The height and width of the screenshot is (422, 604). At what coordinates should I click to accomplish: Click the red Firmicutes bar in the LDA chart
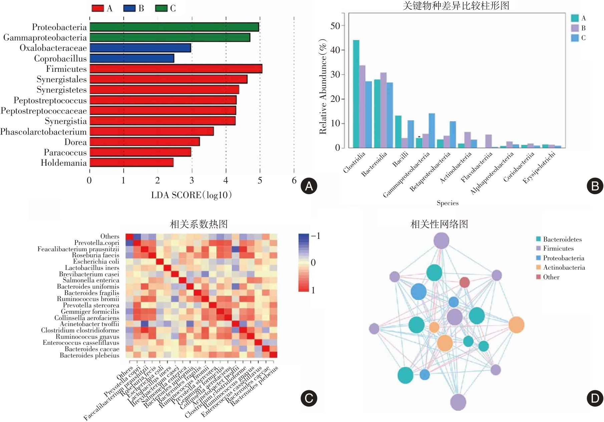176,69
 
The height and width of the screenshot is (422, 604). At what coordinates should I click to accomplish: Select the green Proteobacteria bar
174,27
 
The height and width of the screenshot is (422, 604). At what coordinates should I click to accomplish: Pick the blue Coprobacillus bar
132,58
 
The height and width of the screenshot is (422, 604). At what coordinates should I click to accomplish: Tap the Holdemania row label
63,163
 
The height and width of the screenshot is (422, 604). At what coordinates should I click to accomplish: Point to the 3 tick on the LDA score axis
192,181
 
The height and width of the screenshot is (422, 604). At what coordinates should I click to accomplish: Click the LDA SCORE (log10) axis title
191,195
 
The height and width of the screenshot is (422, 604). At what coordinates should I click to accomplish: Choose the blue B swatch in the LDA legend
129,8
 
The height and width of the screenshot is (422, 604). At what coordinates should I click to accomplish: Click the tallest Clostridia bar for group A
356,94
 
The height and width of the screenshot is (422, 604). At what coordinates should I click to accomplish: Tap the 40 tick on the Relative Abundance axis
335,50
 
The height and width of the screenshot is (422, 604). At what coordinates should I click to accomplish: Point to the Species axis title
447,203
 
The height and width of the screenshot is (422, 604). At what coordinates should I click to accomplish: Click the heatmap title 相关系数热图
199,224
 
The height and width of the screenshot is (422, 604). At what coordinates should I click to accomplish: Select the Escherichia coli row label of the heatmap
96,262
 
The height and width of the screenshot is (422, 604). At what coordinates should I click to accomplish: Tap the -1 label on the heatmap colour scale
316,236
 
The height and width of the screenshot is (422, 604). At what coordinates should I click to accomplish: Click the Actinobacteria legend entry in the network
564,268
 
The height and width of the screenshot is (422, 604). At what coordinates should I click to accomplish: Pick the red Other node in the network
465,282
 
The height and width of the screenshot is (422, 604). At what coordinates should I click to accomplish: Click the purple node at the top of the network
441,241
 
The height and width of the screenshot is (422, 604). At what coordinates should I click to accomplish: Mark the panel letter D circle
595,398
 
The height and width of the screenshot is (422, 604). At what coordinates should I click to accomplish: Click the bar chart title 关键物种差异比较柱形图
456,6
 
